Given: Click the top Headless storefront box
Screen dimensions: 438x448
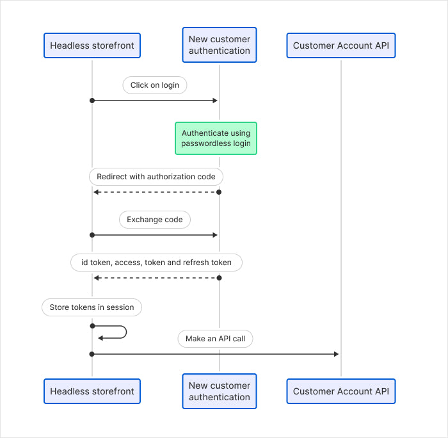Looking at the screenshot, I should (92, 45).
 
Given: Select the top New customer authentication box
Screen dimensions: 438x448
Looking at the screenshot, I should (220, 45).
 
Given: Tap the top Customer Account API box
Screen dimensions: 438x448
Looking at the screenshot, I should (341, 45).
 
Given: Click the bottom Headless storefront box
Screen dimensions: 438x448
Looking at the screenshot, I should (92, 391).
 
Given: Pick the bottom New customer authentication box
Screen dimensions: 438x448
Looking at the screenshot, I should (220, 391).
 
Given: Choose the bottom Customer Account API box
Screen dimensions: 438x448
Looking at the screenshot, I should (341, 391).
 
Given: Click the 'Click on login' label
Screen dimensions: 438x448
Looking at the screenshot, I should (155, 85).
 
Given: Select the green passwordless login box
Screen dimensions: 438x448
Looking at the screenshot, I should (216, 138).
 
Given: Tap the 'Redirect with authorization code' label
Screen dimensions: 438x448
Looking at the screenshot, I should (156, 176).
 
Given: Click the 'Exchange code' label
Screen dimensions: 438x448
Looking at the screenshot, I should (155, 220).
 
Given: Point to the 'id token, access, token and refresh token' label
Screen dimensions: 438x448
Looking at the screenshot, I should (156, 263).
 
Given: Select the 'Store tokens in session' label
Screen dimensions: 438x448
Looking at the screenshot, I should (92, 307).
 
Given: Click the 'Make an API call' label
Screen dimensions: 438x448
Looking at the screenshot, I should (216, 339).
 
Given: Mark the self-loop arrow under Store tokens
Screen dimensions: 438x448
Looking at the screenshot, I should (122, 332).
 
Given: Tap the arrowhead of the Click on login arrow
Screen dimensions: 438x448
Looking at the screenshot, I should (216, 101).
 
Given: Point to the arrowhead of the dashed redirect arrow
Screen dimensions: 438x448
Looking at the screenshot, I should (96, 192).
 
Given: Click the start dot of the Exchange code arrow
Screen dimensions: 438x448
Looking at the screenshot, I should (92, 235).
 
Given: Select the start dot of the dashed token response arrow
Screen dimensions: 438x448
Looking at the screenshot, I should (219, 278).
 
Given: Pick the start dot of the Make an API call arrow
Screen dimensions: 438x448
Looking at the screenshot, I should (92, 353).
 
